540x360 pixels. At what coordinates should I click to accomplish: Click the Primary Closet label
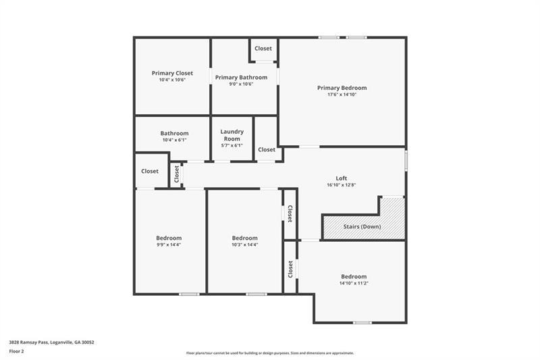172,73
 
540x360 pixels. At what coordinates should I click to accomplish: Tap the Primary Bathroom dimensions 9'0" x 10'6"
242,84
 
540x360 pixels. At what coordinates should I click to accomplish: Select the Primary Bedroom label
342,88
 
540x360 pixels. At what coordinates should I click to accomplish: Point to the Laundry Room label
232,135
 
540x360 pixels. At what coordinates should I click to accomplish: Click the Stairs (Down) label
362,227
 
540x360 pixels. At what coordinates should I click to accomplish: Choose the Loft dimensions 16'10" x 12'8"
342,185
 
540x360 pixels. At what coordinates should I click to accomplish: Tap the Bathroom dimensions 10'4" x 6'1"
175,140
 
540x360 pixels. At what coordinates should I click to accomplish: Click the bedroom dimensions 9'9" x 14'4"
169,245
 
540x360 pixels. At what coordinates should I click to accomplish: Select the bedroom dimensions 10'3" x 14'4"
245,245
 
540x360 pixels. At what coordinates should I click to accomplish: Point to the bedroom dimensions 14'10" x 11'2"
354,283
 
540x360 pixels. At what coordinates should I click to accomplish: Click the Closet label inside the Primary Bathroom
263,49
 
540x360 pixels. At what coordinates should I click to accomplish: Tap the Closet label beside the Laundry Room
267,149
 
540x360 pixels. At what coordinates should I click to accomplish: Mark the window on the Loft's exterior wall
406,160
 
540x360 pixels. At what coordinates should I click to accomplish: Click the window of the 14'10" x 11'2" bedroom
362,323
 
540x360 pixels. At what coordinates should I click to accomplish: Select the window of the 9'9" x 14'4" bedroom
189,294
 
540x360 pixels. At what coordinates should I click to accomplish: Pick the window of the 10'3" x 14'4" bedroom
256,294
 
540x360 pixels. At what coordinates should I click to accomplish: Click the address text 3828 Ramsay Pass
29,342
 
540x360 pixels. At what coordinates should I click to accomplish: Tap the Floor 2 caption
16,351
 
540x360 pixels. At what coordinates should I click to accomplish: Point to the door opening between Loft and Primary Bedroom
309,147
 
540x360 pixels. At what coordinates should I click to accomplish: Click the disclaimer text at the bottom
270,353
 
